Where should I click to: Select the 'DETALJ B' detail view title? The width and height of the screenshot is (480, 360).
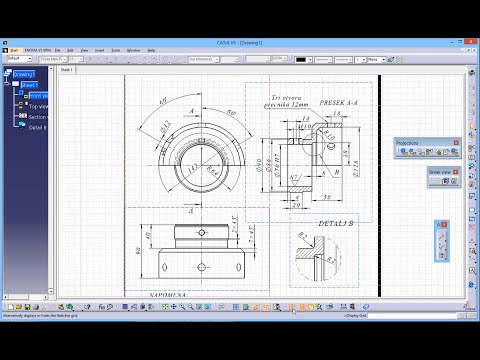point(316,223)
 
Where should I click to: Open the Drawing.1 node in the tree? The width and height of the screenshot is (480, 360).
point(25,74)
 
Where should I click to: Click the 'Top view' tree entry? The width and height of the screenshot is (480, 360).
point(39,106)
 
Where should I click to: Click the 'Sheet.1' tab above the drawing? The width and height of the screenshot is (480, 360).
point(68,71)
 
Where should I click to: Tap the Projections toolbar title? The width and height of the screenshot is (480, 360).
point(408,143)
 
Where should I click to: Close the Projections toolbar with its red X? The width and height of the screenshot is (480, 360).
point(456,143)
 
